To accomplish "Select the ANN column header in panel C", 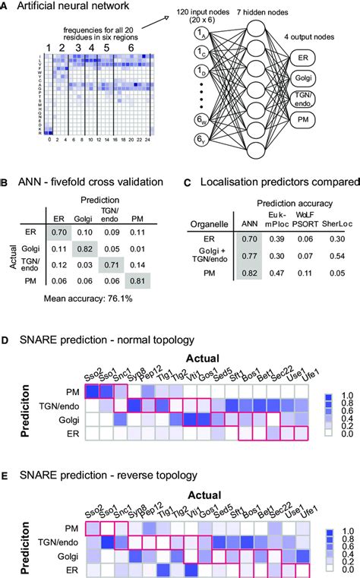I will click(x=247, y=244).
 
